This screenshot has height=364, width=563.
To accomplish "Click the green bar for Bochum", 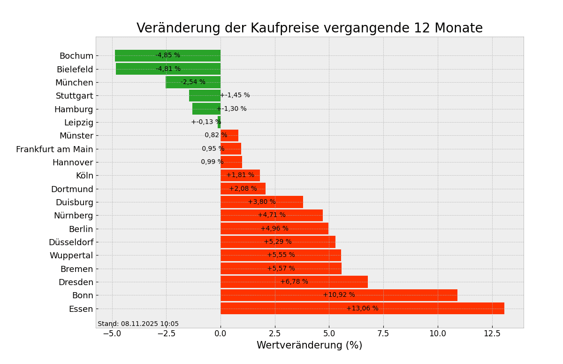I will [x=136, y=55].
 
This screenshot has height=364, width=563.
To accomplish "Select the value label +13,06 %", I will [x=362, y=309].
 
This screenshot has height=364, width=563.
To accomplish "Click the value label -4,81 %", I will [x=168, y=69].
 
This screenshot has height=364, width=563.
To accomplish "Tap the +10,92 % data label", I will [x=339, y=295].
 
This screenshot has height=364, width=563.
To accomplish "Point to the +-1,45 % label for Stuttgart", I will [x=235, y=95].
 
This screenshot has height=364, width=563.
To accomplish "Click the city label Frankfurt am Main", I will [x=54, y=149].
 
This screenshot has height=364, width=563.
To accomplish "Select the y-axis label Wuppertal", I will [x=71, y=256].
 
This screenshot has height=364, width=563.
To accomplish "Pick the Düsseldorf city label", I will [x=71, y=242].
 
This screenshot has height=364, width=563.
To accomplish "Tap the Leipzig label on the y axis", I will [x=79, y=123].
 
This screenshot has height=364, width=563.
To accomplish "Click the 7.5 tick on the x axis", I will [x=383, y=333].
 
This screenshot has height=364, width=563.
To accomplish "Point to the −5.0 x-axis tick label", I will [x=112, y=333].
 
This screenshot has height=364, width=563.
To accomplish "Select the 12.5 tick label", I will [x=492, y=333].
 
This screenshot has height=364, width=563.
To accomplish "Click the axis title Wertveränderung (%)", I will [x=309, y=346].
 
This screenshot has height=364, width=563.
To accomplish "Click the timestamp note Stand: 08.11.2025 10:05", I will [x=138, y=324].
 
